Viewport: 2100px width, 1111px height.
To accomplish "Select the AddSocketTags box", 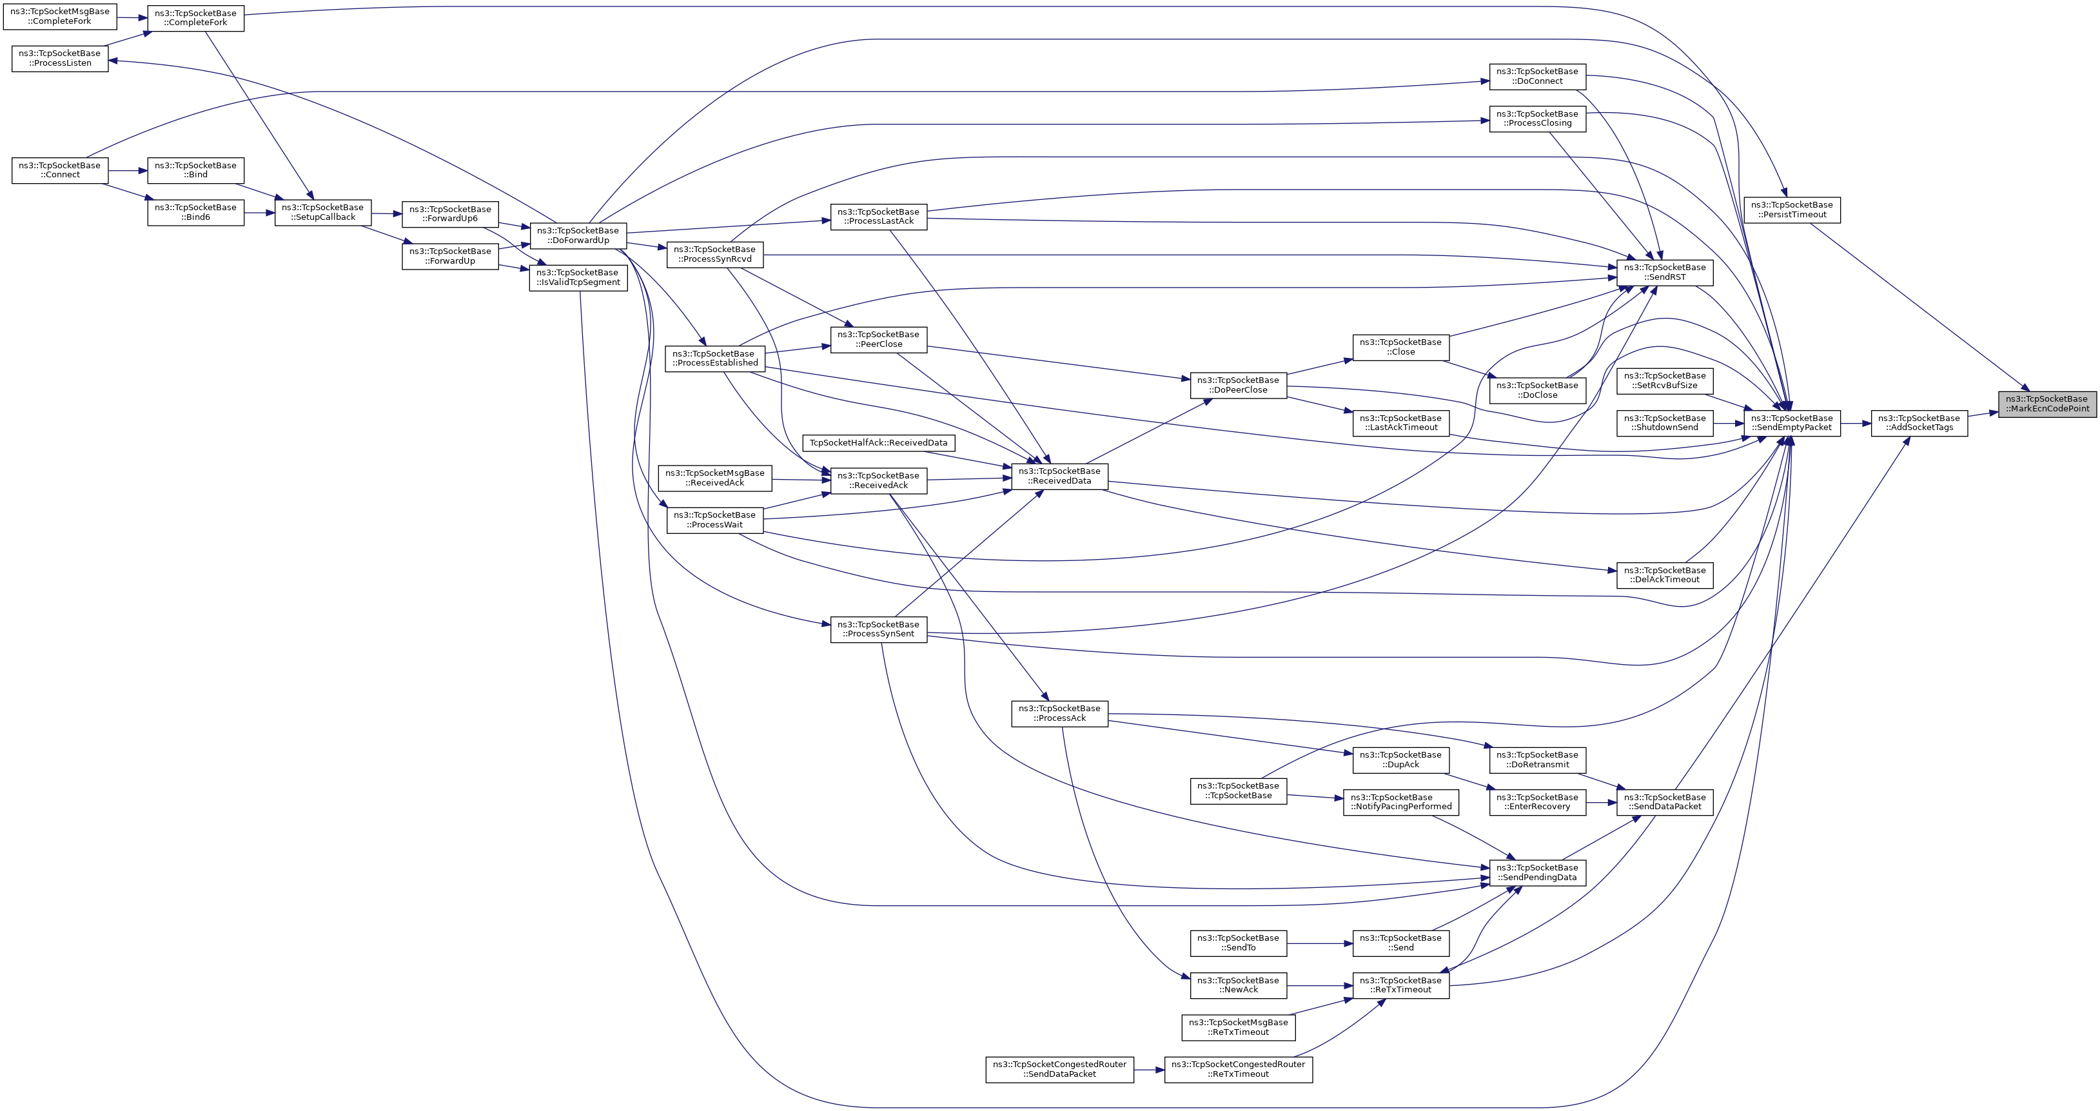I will pyautogui.click(x=1918, y=423).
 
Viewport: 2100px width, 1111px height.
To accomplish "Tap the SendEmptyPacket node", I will pyautogui.click(x=1791, y=423).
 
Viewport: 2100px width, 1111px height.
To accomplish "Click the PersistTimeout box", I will pyautogui.click(x=1791, y=210).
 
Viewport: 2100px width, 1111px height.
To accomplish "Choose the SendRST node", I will pyautogui.click(x=1664, y=272).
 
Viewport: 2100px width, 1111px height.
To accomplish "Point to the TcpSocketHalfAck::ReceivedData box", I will pyautogui.click(x=878, y=442).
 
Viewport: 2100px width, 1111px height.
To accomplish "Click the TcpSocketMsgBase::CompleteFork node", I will pyautogui.click(x=59, y=16).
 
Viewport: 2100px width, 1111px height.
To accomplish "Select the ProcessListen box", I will pyautogui.click(x=59, y=59).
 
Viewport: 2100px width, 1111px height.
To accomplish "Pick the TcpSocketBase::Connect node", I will pyautogui.click(x=59, y=170).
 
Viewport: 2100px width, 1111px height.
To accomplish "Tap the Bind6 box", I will pyautogui.click(x=195, y=213).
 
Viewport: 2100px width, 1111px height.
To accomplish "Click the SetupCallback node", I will pyautogui.click(x=323, y=213).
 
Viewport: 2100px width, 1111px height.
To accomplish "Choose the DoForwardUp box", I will pyautogui.click(x=578, y=235).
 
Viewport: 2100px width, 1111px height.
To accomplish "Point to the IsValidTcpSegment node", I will pyautogui.click(x=578, y=278).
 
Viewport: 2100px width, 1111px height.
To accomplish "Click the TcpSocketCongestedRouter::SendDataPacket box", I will pyautogui.click(x=1059, y=1070).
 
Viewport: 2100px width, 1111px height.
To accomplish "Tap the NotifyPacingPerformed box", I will pyautogui.click(x=1400, y=802).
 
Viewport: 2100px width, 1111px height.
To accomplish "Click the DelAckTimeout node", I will pyautogui.click(x=1664, y=575).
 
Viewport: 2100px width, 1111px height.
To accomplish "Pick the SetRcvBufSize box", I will pyautogui.click(x=1664, y=380).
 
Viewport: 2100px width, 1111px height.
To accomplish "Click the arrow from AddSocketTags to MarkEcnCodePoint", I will pyautogui.click(x=1983, y=414).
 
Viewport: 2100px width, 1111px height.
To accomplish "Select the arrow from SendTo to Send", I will pyautogui.click(x=1320, y=943).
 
